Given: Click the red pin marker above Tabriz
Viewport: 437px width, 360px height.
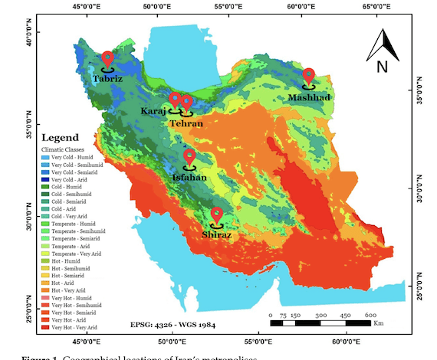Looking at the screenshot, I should pos(107,59).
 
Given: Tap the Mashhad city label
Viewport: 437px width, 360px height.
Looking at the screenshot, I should pos(309,97).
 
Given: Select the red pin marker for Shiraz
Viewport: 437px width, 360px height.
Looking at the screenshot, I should pos(217,215).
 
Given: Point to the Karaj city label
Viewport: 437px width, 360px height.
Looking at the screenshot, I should pos(153,111).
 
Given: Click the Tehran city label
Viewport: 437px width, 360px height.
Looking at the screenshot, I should pos(186,123).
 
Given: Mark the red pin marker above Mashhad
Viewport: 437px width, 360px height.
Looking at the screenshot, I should pos(309,75).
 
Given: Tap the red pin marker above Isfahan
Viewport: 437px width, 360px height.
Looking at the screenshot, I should pos(189,157).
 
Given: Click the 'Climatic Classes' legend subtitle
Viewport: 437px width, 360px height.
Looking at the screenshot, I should pos(63,149).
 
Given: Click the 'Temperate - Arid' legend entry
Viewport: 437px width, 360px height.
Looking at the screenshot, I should pos(71,245).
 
